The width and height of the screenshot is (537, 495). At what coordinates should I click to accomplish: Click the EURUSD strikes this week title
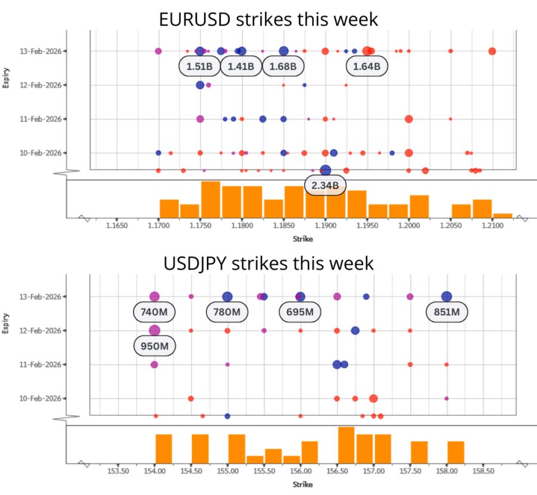(268, 19)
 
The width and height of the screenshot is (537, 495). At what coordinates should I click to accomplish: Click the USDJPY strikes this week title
(268, 263)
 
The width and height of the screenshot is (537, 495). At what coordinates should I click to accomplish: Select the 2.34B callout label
(325, 186)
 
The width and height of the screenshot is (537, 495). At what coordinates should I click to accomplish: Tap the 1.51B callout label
(199, 66)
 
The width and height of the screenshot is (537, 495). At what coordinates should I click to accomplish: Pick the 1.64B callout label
(366, 66)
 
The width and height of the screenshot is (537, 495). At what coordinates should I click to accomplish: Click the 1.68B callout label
(283, 66)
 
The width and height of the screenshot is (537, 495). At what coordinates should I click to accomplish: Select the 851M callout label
(447, 311)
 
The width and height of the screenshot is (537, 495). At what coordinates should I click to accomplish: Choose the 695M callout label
(301, 311)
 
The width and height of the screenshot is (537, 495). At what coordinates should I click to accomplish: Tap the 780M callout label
(227, 311)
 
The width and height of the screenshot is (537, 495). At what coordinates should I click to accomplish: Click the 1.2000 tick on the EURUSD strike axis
(409, 227)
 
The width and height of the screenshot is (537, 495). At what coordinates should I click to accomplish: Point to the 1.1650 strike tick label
(116, 227)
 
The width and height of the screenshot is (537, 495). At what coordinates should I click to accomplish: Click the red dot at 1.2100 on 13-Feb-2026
(492, 51)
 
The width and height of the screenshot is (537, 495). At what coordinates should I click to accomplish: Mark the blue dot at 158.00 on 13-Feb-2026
(446, 296)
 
